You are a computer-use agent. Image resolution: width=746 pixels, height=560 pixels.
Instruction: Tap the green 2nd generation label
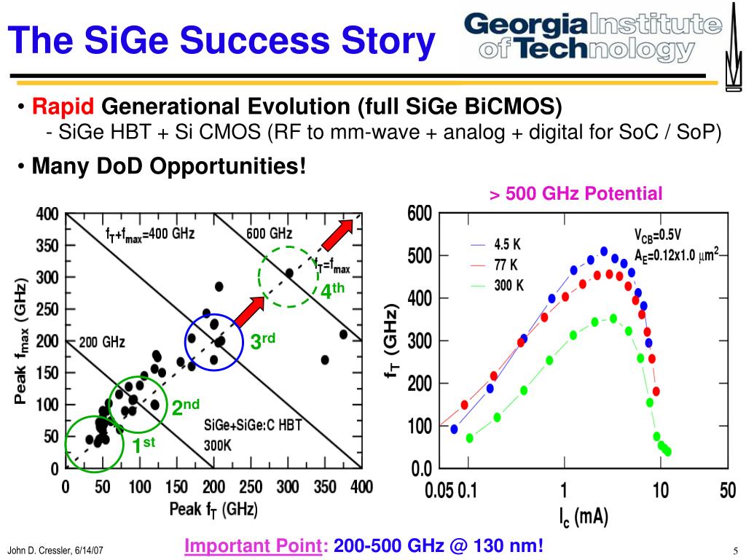point(186,408)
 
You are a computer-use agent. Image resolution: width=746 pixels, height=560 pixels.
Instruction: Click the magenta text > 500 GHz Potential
point(576,194)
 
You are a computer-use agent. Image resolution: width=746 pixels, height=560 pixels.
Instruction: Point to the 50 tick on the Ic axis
point(728,490)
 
